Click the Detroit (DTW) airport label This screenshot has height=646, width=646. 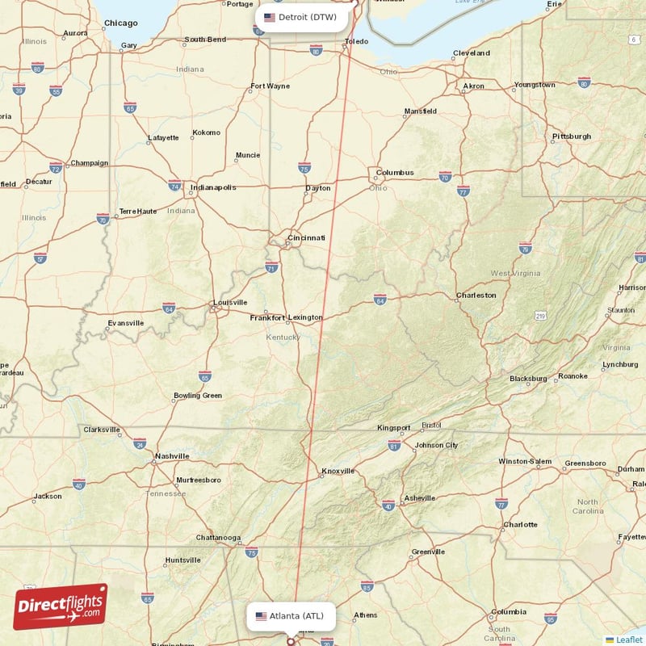(x=303, y=17)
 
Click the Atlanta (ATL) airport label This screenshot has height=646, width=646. (x=290, y=616)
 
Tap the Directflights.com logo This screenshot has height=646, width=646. (x=61, y=607)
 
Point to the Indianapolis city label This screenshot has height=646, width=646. (x=213, y=188)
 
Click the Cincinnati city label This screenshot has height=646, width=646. (x=307, y=238)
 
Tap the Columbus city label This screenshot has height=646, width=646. (x=395, y=173)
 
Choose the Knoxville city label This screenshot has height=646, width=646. (x=338, y=471)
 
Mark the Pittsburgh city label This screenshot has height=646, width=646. (x=572, y=136)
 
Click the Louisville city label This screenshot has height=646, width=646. (x=230, y=303)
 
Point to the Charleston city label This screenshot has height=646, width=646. (x=476, y=296)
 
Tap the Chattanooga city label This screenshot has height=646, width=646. (x=218, y=538)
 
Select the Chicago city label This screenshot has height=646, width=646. (x=121, y=23)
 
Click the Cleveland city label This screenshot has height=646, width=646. (x=472, y=53)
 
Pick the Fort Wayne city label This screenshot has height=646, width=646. (x=271, y=86)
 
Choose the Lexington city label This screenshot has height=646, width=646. (x=305, y=317)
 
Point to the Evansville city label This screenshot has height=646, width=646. (x=126, y=323)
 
